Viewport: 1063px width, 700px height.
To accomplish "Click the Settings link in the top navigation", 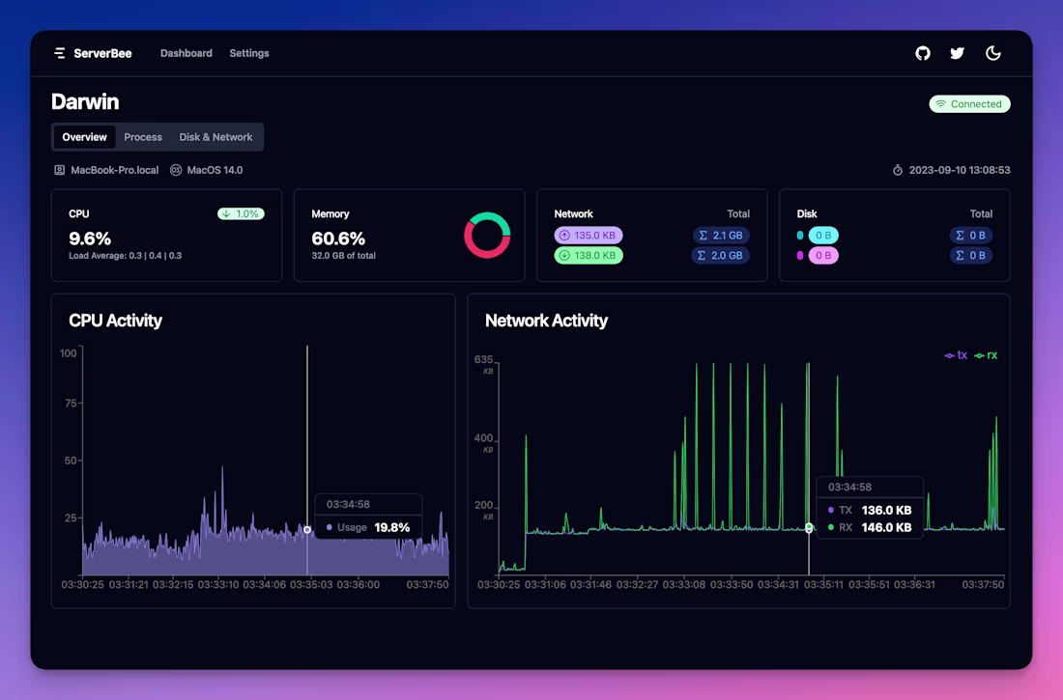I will pos(249,53).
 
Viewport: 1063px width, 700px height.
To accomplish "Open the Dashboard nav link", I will pos(187,53).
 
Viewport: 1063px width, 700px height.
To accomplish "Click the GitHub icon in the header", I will pos(923,53).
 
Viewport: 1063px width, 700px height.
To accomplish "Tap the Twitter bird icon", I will pos(957,53).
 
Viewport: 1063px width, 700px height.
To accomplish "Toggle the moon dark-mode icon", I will pos(992,53).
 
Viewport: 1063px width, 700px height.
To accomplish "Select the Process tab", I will pos(143,137).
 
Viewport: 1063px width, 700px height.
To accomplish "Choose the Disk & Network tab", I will pos(215,137).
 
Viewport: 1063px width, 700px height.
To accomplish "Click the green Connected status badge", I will pos(969,104).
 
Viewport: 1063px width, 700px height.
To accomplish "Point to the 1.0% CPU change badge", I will pos(241,214).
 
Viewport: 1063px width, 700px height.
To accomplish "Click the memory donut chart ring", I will pos(487,216).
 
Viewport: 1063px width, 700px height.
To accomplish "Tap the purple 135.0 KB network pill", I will pos(589,235).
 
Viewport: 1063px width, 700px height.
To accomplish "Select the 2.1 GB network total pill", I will pos(721,235).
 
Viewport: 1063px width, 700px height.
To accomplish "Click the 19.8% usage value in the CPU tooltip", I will pos(392,527).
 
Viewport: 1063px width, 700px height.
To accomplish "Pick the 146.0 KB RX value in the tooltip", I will pos(886,527).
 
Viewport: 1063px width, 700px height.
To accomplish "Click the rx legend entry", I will pos(987,355).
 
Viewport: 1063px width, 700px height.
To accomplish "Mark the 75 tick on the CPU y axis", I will pos(69,403).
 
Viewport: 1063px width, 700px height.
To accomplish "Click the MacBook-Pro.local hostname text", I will pos(114,170).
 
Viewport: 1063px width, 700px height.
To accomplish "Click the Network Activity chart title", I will pos(546,321).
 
